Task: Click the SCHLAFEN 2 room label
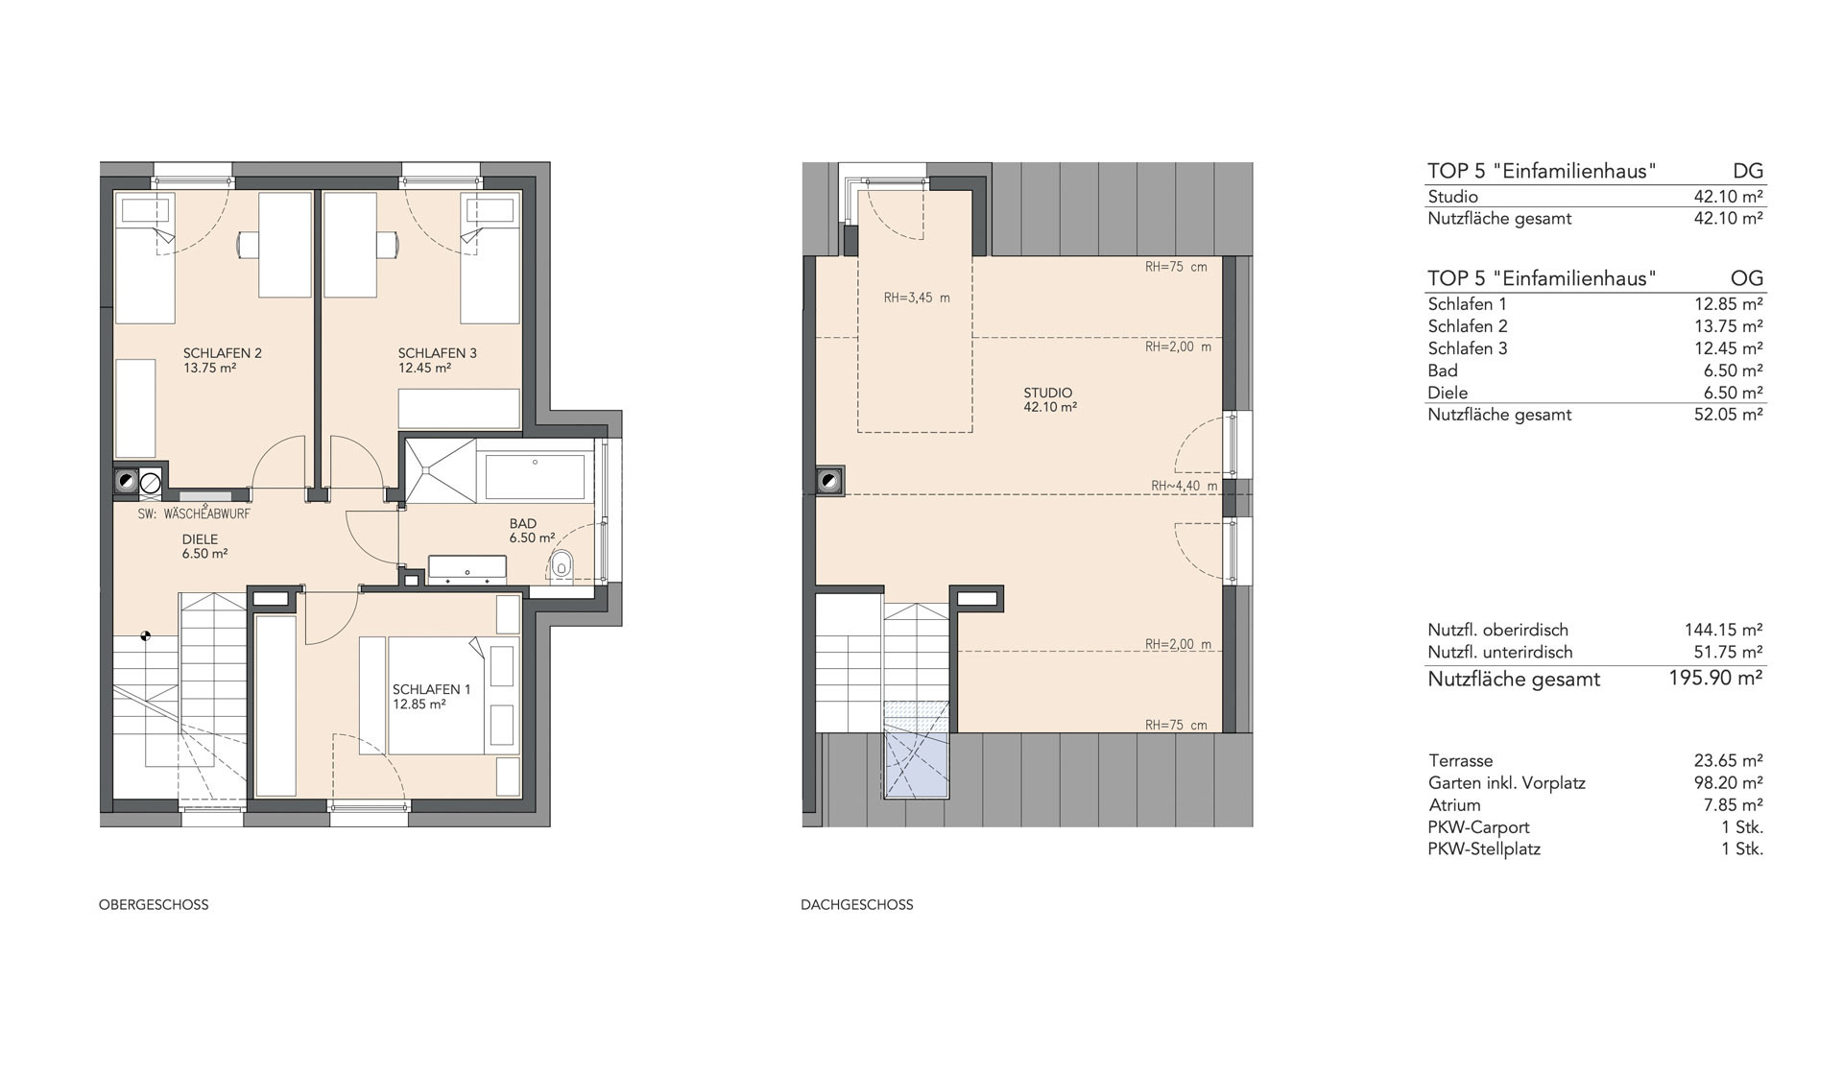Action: pyautogui.click(x=223, y=353)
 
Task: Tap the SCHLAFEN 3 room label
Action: pyautogui.click(x=438, y=353)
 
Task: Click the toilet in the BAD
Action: pyautogui.click(x=562, y=567)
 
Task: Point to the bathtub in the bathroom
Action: pyautogui.click(x=536, y=477)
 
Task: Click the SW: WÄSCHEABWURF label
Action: pyautogui.click(x=194, y=514)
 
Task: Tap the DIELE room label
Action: pyautogui.click(x=201, y=539)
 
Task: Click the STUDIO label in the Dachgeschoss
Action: pyautogui.click(x=1048, y=393)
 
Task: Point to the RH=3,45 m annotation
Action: pyautogui.click(x=917, y=298)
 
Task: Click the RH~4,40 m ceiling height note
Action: pyautogui.click(x=1185, y=486)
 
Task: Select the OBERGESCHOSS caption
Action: pyautogui.click(x=154, y=904)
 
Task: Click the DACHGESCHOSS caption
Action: pyautogui.click(x=857, y=904)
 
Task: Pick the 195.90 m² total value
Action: pyautogui.click(x=1716, y=678)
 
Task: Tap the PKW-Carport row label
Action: pyautogui.click(x=1479, y=826)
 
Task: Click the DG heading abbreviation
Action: pyautogui.click(x=1748, y=171)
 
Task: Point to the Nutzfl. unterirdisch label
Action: pyautogui.click(x=1500, y=652)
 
